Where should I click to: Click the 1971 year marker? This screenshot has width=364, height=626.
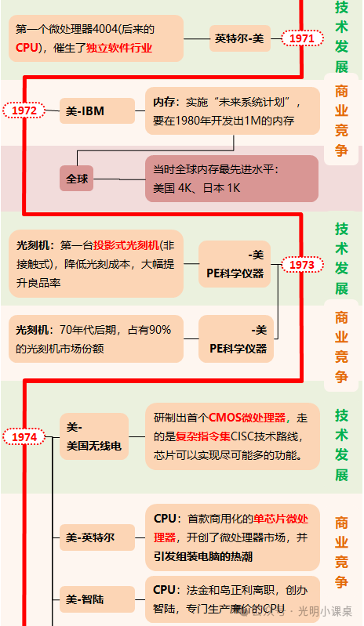302,38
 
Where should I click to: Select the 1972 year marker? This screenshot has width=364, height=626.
24,110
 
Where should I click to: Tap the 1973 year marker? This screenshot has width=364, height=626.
302,265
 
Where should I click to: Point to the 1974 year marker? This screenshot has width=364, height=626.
24,436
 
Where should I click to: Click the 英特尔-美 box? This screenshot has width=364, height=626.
240,38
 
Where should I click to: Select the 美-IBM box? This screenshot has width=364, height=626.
97,110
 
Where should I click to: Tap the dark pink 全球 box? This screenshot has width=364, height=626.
77,179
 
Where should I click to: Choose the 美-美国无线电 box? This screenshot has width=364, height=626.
94,436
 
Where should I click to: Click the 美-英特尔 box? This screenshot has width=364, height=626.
97,537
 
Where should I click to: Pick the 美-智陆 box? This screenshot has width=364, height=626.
97,599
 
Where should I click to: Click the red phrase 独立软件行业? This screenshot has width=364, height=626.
119,49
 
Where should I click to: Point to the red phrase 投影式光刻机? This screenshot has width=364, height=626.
126,245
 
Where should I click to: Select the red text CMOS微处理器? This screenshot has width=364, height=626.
247,418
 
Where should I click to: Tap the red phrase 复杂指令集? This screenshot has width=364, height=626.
203,436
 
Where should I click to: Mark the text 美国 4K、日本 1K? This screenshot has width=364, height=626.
197,188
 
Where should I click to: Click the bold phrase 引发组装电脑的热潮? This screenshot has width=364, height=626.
203,556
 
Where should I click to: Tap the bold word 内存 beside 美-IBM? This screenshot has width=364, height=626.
164,102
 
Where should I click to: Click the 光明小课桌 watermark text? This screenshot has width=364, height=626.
326,611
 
